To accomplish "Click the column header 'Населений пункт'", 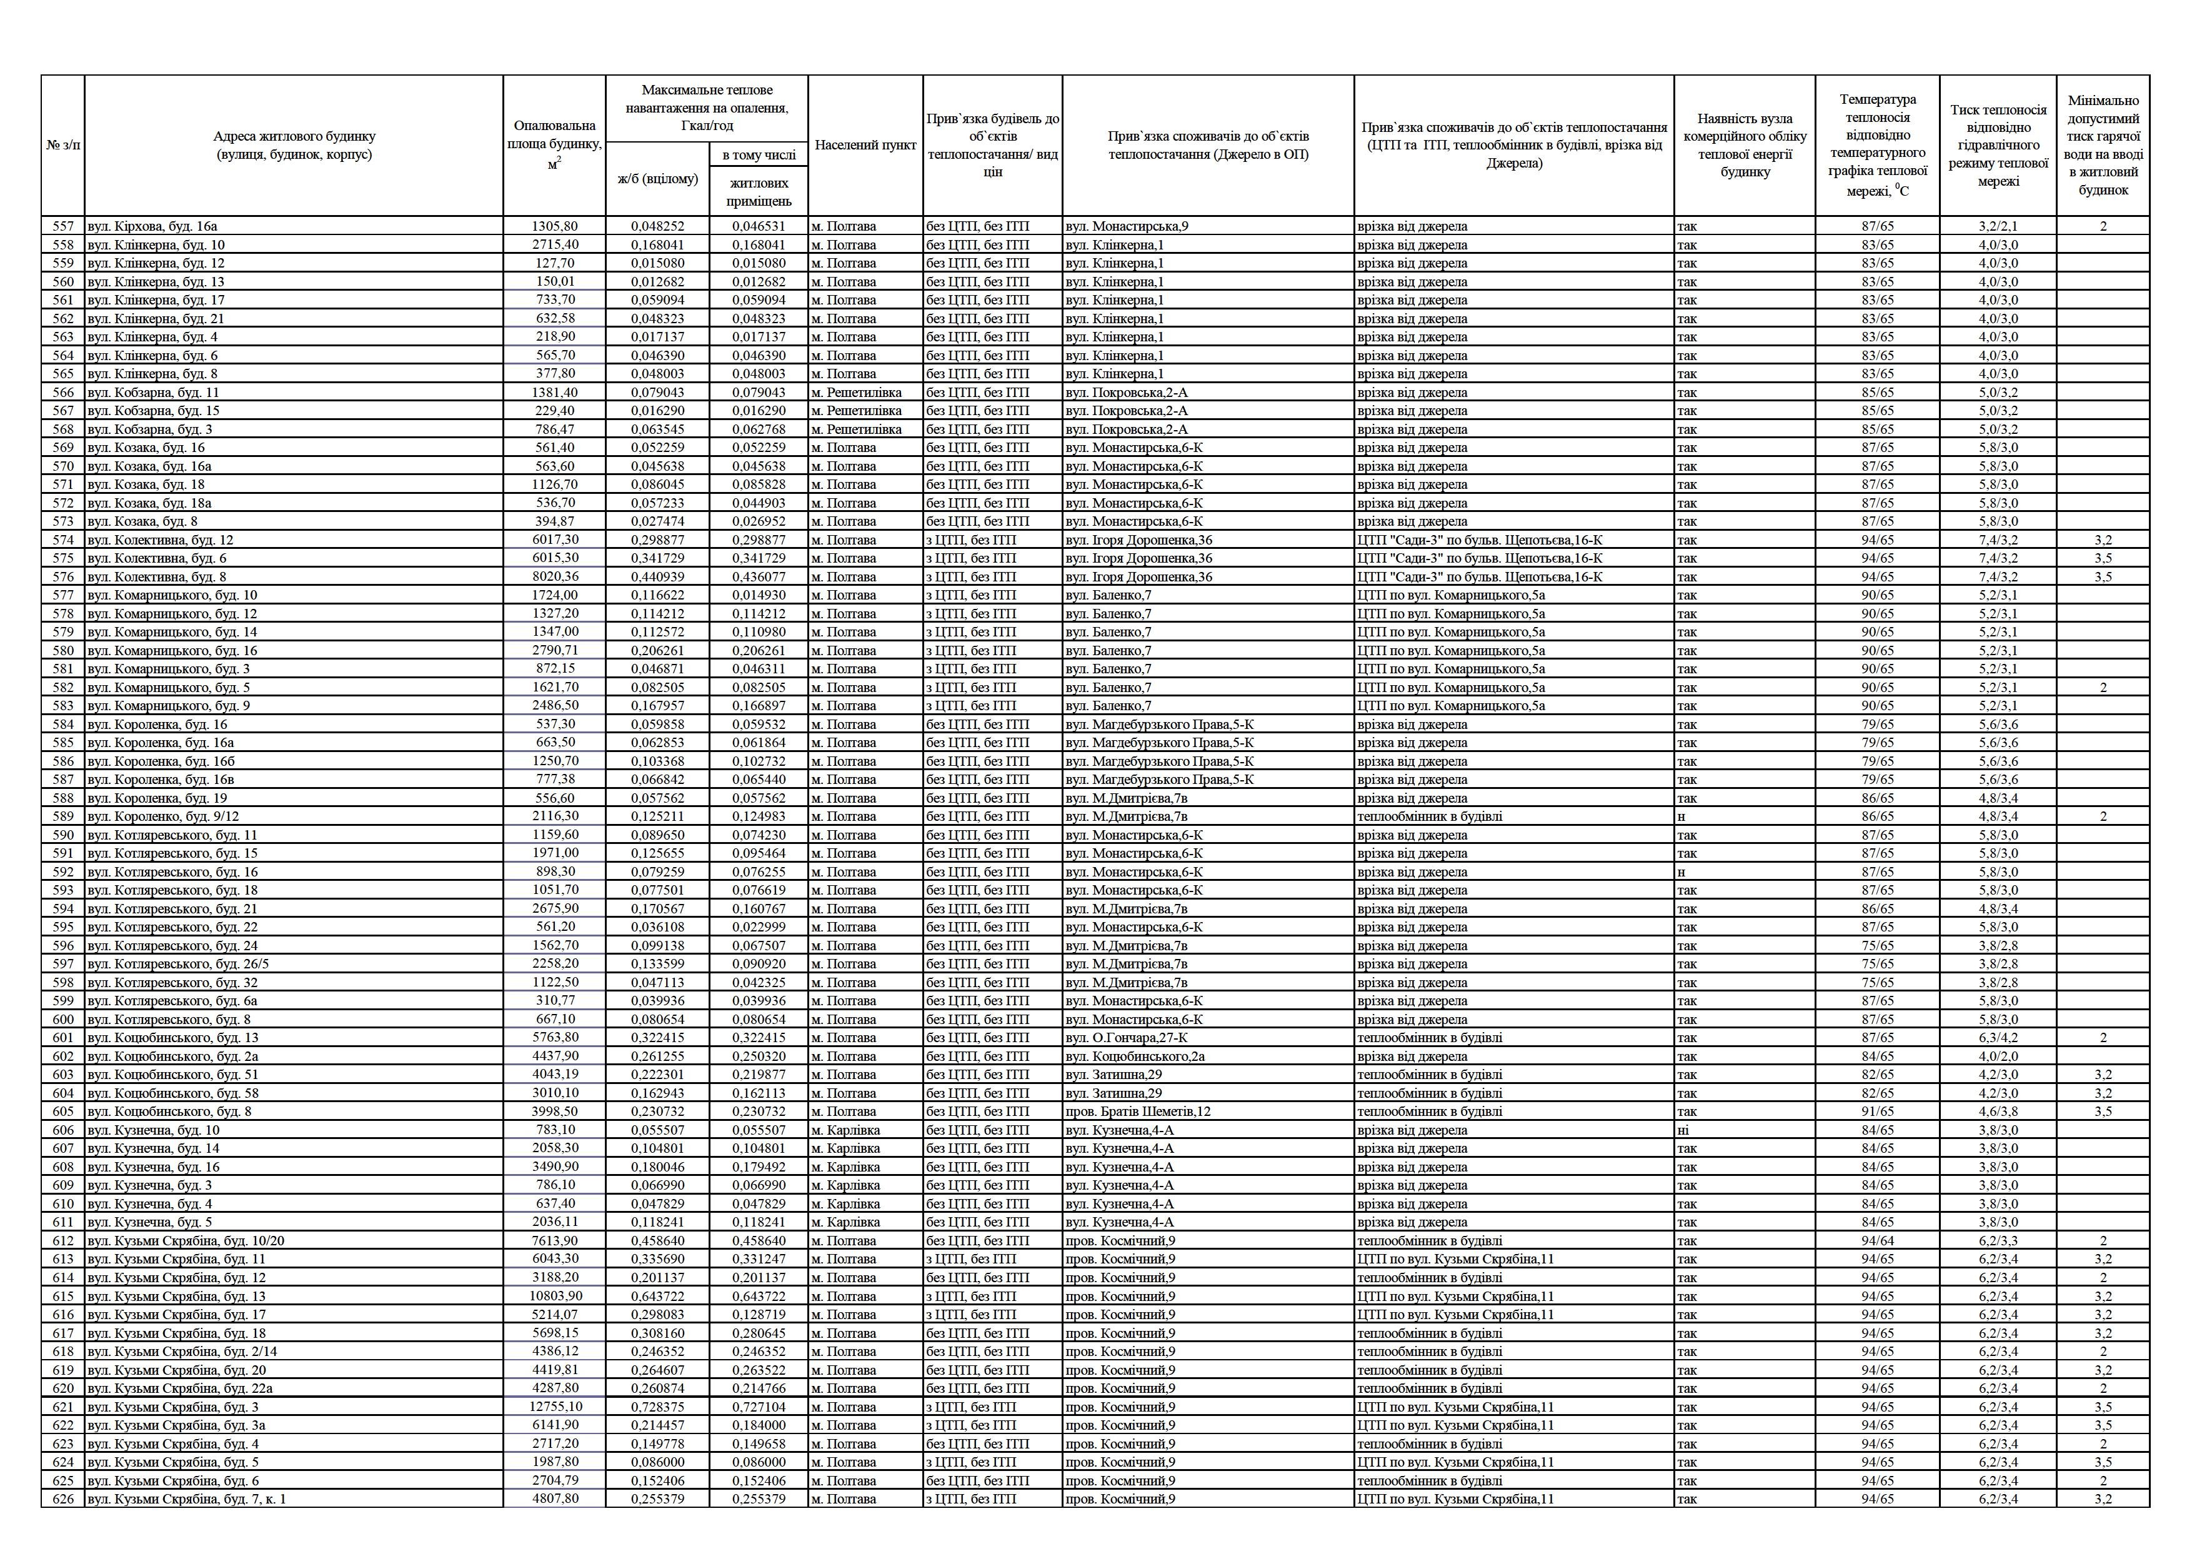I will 865,145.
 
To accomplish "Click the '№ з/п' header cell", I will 63,145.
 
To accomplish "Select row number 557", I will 63,226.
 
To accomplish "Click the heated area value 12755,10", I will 555,1407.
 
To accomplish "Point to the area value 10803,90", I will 555,1296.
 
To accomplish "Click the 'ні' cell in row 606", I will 1682,1130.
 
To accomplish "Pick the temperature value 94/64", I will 1877,1240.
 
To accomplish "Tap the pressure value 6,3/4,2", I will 1998,1038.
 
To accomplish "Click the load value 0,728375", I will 658,1407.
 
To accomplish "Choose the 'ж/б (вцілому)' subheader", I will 658,179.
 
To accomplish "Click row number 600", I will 63,1019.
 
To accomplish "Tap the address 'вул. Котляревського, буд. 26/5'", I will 179,963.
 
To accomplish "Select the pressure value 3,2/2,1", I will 1998,226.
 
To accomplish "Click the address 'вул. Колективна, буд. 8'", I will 157,577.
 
